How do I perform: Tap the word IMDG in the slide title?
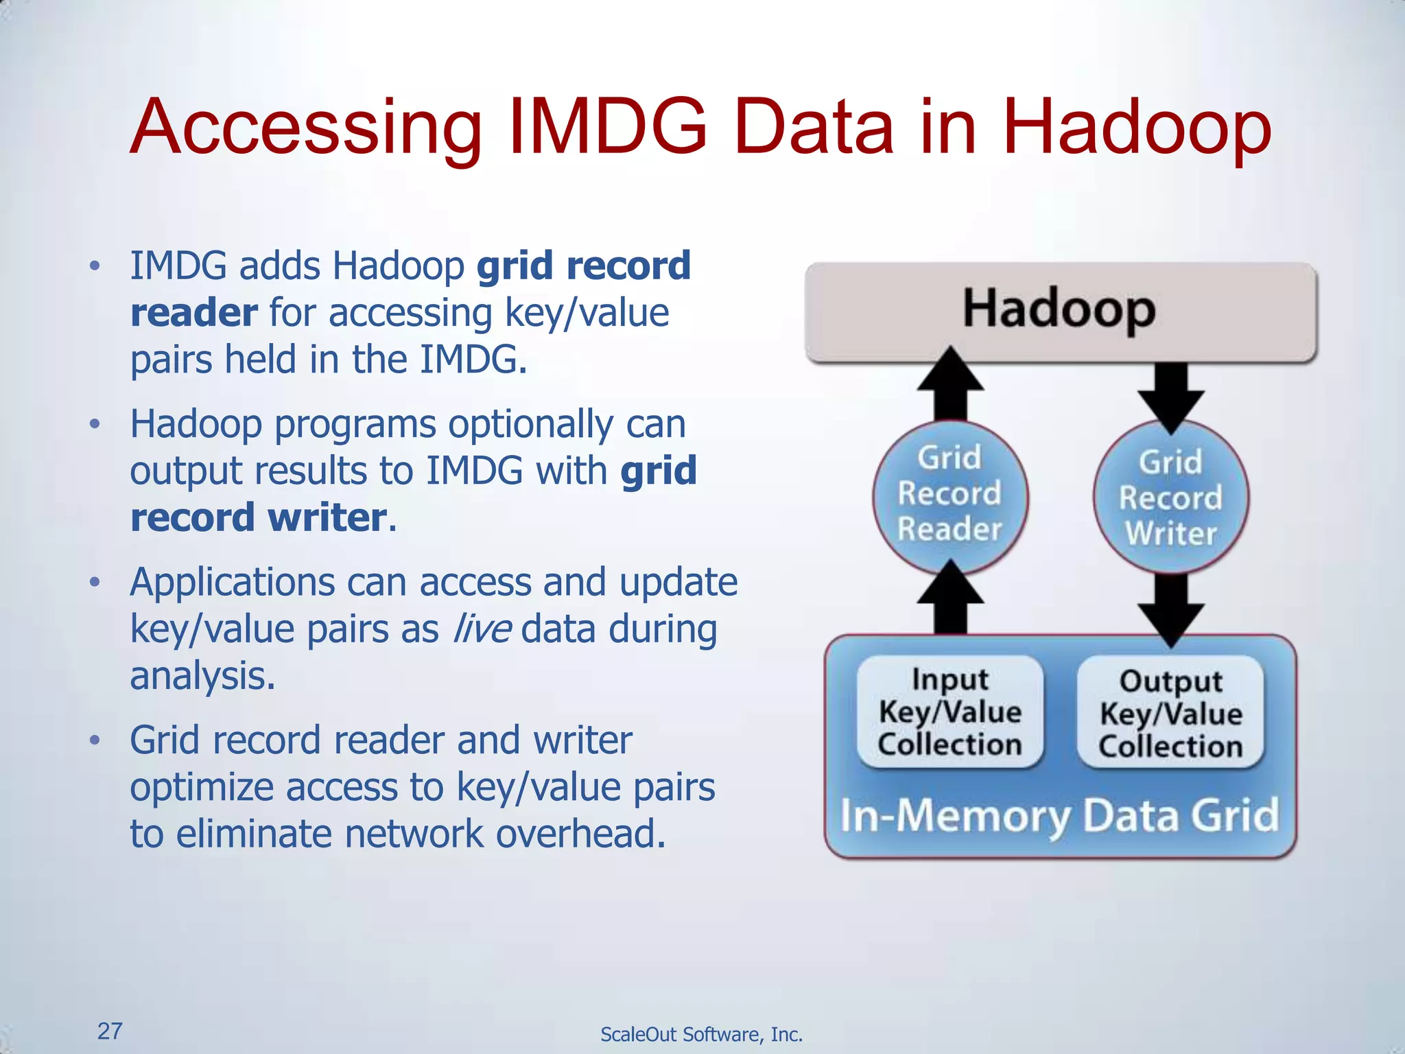[607, 126]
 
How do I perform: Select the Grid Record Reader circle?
[950, 495]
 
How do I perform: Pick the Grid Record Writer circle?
[1171, 498]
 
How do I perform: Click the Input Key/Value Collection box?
[950, 712]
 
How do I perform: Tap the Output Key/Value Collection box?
[1170, 714]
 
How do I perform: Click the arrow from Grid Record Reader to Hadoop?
[951, 384]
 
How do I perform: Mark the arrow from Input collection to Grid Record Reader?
[951, 597]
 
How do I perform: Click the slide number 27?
[110, 1031]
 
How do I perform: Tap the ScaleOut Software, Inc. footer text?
[701, 1034]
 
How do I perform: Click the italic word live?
[482, 629]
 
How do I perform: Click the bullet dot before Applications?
[95, 583]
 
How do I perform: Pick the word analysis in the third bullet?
[202, 676]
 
